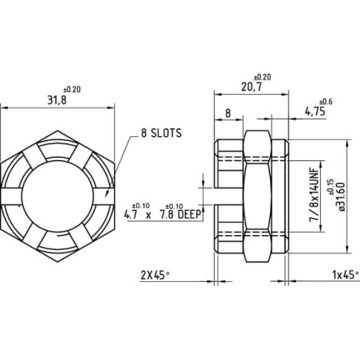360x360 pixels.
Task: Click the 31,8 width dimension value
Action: click(x=57, y=100)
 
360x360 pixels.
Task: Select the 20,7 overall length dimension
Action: click(x=252, y=87)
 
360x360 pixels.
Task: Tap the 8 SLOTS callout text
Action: click(x=161, y=133)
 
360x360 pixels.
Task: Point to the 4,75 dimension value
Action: click(x=315, y=112)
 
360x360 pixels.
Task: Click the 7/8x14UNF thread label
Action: click(x=315, y=194)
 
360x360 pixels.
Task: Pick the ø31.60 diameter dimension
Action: click(x=341, y=197)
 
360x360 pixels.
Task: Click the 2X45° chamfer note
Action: click(x=155, y=276)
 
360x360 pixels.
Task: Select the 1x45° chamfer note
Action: click(x=346, y=275)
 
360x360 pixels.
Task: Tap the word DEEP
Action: click(x=189, y=214)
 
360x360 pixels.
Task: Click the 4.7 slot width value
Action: click(x=131, y=214)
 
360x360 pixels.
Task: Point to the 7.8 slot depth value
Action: click(x=166, y=214)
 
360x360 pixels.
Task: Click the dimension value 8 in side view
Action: click(x=228, y=113)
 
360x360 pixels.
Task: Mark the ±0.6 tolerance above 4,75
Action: click(x=326, y=102)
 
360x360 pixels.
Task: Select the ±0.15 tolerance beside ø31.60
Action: click(x=331, y=187)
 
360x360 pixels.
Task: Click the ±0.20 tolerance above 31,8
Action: click(x=72, y=89)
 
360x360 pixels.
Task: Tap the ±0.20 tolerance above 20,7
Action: click(x=262, y=77)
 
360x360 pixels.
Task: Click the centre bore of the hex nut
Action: click(x=57, y=196)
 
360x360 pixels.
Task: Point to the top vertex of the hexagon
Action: click(x=57, y=131)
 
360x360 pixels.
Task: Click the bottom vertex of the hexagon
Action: click(x=57, y=262)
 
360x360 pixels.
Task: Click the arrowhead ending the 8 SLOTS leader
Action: click(x=107, y=194)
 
